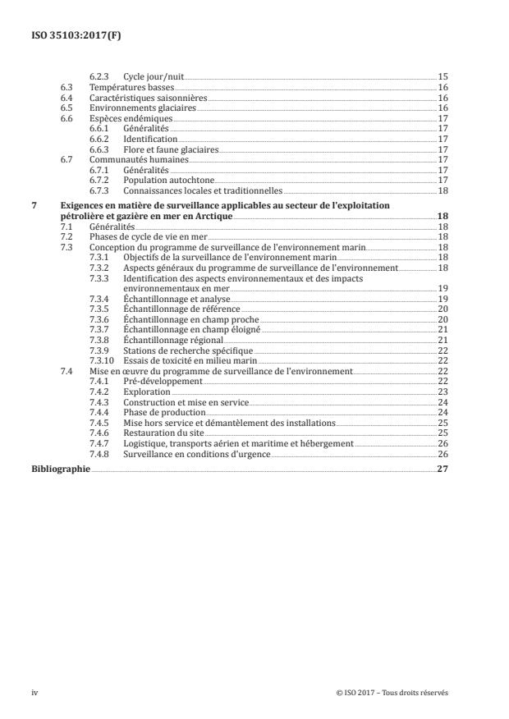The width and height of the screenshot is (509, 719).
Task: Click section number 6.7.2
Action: [x=98, y=181]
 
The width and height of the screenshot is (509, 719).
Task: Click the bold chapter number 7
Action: [x=33, y=205]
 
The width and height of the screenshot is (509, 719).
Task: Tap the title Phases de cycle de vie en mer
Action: [x=147, y=236]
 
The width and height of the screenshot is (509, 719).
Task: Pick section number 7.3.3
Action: [x=98, y=278]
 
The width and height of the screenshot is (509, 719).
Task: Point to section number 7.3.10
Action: [x=100, y=361]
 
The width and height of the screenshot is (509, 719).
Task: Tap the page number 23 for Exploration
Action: [x=442, y=392]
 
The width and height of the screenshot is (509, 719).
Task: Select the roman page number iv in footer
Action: [x=34, y=693]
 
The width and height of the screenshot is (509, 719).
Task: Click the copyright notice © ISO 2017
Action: [x=392, y=693]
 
